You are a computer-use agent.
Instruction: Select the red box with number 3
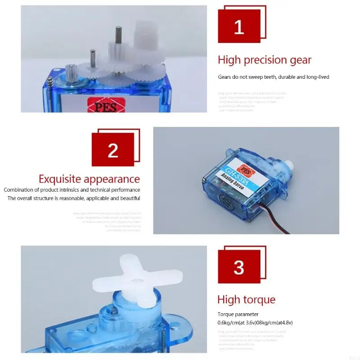pyautogui.click(x=239, y=268)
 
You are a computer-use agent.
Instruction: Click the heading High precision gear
pyautogui.click(x=265, y=60)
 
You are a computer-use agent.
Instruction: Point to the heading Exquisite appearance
pyautogui.click(x=89, y=179)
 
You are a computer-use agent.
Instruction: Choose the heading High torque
pyautogui.click(x=246, y=299)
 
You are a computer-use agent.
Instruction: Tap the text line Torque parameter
pyautogui.click(x=238, y=314)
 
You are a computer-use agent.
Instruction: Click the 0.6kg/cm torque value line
pyautogui.click(x=256, y=322)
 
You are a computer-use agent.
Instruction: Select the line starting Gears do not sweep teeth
pyautogui.click(x=274, y=77)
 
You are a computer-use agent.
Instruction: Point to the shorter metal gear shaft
pyautogui.click(x=93, y=57)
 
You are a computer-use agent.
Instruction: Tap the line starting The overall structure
pyautogui.click(x=74, y=198)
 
